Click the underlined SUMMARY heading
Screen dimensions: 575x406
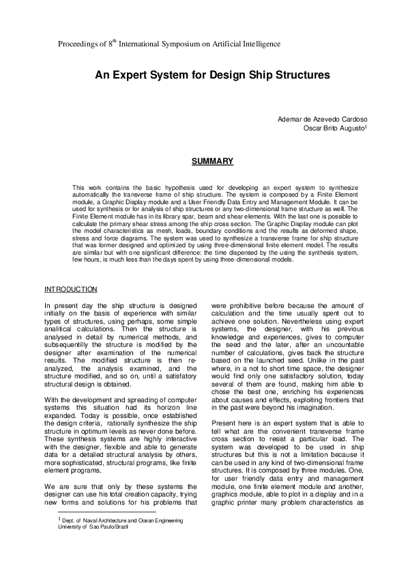pos(212,162)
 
